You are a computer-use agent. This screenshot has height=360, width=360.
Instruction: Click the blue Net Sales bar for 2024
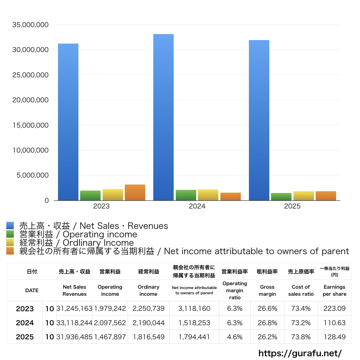[x=163, y=117]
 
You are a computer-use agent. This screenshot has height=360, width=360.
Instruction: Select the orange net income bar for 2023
[x=135, y=192]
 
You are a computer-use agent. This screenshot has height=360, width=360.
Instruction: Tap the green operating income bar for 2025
[x=281, y=197]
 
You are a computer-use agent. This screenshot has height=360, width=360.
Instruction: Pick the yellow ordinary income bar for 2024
[x=208, y=195]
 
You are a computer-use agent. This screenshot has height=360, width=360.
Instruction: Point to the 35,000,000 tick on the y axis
[x=31, y=25]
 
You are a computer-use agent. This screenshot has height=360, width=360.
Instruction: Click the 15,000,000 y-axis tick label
[x=31, y=125]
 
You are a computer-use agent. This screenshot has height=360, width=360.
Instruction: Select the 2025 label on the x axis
[x=292, y=206]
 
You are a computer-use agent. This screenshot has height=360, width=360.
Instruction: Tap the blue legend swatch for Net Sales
[x=10, y=225]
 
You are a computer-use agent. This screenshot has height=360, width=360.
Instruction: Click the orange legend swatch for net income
[x=10, y=251]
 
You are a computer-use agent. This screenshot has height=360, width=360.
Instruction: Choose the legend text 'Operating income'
[x=100, y=234]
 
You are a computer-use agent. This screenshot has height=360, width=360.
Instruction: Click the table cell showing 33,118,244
[x=75, y=323]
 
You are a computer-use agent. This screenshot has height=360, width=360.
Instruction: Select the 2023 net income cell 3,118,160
[x=194, y=308]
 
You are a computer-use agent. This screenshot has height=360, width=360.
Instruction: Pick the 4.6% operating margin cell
[x=234, y=337]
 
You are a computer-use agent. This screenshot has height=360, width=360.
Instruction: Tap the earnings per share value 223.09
[x=335, y=308]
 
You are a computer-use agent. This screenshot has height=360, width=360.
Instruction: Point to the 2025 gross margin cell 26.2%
[x=267, y=337]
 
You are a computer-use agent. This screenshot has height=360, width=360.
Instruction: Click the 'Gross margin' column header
[x=267, y=290]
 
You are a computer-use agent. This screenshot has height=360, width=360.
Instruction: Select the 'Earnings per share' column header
[x=335, y=290]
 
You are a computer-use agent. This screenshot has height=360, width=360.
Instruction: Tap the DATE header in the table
[x=32, y=290]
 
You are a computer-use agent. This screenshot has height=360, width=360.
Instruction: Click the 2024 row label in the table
[x=25, y=323]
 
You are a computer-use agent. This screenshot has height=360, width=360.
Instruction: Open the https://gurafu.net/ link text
[x=300, y=353]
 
